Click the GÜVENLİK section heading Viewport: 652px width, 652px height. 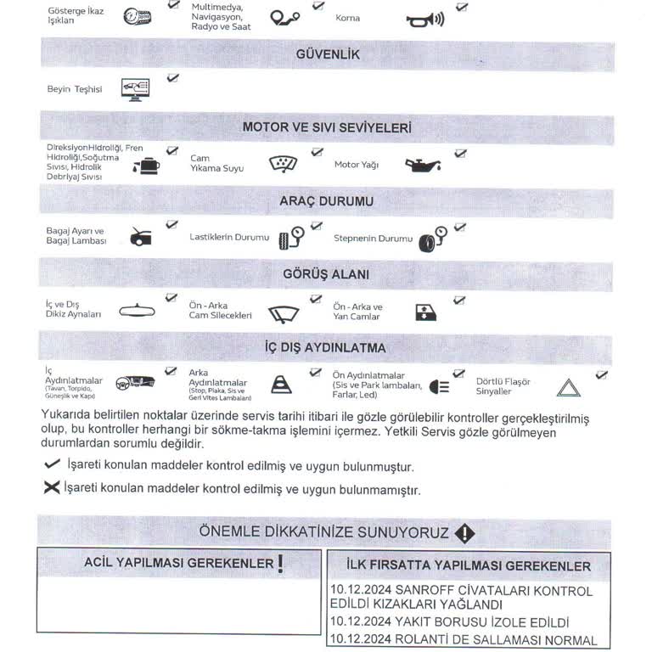[x=327, y=54]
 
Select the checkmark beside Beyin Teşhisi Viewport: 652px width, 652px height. [x=172, y=78]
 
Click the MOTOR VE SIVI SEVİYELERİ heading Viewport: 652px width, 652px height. [x=327, y=127]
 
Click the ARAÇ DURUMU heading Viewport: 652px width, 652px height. [x=327, y=201]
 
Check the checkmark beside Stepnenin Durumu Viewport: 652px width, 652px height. [x=459, y=228]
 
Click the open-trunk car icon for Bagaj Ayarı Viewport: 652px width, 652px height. [x=141, y=236]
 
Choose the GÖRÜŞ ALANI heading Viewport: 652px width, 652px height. [x=327, y=274]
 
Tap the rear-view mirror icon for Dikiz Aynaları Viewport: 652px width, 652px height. [x=138, y=311]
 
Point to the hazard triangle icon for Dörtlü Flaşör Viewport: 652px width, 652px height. [x=567, y=389]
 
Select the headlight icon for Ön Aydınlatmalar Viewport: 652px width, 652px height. [x=439, y=386]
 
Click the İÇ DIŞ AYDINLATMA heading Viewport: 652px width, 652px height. [x=327, y=348]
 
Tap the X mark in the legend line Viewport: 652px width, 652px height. [x=52, y=488]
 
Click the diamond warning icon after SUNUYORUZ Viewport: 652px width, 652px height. [x=464, y=533]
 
